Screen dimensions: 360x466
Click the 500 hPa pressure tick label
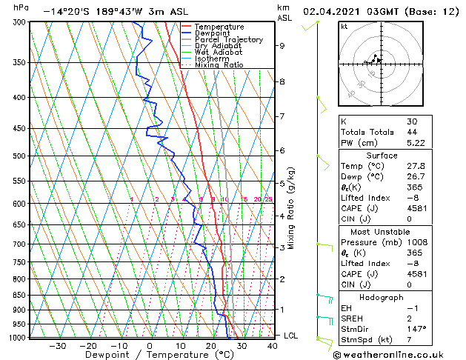17,156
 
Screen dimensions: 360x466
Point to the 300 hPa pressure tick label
17,22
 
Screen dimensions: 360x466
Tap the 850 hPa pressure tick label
17,295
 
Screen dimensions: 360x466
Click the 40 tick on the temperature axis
272,346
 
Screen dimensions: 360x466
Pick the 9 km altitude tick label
282,45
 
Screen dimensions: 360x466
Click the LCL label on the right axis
292,336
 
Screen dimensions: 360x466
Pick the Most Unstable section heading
382,231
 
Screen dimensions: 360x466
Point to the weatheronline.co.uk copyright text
399,354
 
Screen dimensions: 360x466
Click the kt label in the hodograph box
344,27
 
